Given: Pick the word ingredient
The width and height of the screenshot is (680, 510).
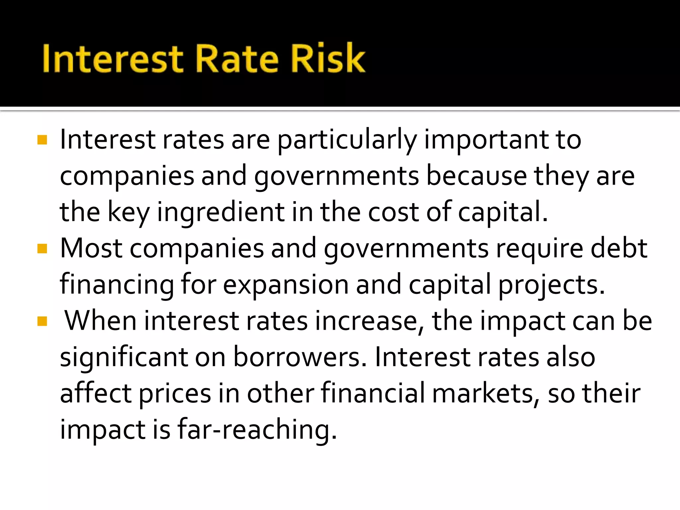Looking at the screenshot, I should [x=221, y=212].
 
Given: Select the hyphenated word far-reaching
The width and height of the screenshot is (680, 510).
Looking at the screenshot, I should [x=257, y=430].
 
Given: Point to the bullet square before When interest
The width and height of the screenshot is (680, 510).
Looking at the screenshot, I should [x=42, y=321].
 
